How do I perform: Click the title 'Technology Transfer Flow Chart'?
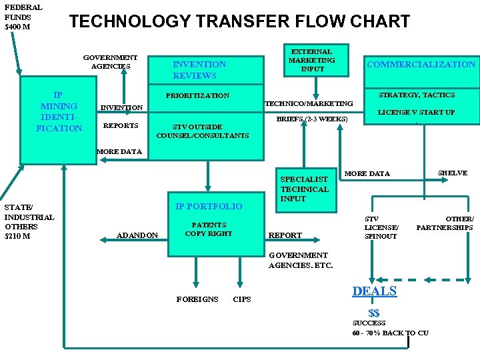point(239,21)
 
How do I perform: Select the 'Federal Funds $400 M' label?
point(23,17)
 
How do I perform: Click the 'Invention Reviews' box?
point(199,70)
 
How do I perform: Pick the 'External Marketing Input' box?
point(311,60)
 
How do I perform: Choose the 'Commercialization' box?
point(421,65)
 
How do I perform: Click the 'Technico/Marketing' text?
point(309,103)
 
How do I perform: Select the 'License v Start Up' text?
point(416,112)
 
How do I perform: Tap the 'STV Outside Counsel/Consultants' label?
point(202,131)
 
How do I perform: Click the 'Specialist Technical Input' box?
point(304,189)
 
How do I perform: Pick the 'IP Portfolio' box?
point(209,206)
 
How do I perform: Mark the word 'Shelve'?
point(452,173)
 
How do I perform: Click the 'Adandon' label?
point(137,235)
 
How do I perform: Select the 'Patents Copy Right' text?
point(209,229)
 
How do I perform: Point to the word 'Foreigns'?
point(197,299)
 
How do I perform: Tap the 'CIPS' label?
point(242,299)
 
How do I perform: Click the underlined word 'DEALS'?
point(374,291)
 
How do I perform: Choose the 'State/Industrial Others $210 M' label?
point(29,221)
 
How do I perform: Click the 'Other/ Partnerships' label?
point(445,223)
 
